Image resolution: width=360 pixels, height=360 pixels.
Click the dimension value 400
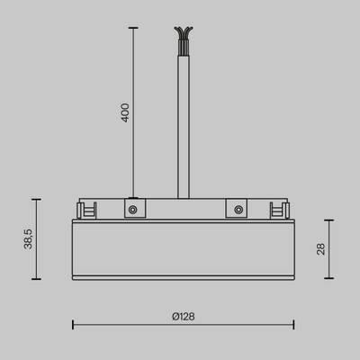(126, 112)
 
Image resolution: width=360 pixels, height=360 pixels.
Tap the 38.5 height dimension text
(30, 239)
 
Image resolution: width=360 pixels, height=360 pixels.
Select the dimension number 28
(320, 248)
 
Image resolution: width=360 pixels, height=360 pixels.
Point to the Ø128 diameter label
(184, 317)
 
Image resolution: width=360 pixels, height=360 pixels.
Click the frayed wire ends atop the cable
(184, 33)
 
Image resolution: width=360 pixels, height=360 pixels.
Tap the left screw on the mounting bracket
(132, 209)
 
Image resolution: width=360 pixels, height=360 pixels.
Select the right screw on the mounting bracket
(237, 209)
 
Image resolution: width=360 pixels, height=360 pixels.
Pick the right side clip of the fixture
(278, 210)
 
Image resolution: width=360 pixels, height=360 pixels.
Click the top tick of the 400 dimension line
(133, 28)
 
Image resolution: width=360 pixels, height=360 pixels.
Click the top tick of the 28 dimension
(329, 220)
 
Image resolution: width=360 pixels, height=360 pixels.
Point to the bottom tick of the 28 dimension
(329, 279)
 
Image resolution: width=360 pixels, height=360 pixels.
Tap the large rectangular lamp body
(184, 247)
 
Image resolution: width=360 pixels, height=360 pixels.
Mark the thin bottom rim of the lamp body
(184, 277)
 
